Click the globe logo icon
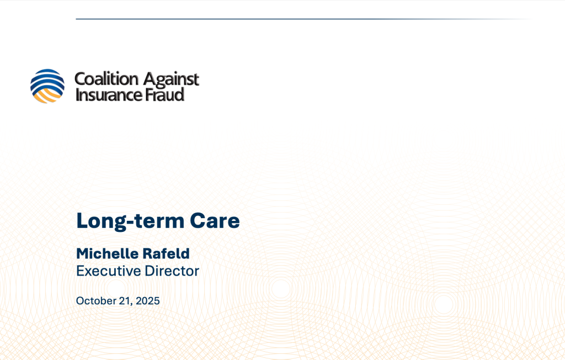[x=47, y=86]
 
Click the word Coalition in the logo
[x=106, y=78]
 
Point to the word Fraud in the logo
[x=164, y=94]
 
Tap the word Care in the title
[x=215, y=220]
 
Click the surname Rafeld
[x=166, y=253]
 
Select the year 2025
[x=148, y=301]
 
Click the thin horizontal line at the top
[x=305, y=19]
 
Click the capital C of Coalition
[x=80, y=79]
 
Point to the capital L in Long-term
[x=82, y=220]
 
